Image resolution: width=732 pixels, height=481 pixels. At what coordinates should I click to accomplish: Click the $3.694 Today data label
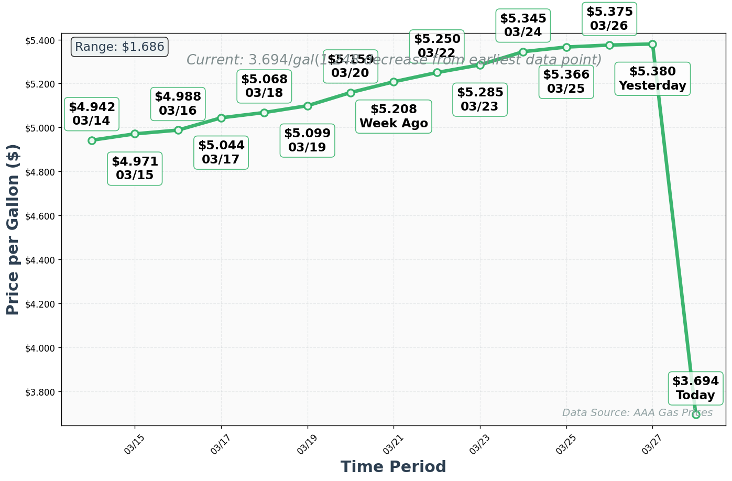[695, 388]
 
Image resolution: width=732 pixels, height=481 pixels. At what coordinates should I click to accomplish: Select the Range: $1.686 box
[119, 47]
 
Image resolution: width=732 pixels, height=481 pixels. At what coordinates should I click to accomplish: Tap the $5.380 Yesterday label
[652, 79]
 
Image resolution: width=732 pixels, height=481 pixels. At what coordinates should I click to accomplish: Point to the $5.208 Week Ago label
[394, 116]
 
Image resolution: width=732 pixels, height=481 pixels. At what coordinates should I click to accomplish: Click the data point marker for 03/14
[92, 140]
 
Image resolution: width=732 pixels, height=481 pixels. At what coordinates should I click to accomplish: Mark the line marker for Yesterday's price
[652, 44]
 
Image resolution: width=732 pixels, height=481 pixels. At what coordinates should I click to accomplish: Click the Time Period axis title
[393, 466]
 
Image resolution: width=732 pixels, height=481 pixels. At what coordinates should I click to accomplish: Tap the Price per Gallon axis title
[13, 229]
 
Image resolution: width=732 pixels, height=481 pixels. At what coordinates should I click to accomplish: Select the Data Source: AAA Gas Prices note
[637, 413]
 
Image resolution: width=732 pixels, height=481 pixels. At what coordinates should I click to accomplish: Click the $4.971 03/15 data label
[135, 168]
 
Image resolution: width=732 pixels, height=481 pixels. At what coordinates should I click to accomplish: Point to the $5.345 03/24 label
[523, 25]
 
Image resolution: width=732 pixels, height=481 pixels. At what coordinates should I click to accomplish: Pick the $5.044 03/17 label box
[221, 152]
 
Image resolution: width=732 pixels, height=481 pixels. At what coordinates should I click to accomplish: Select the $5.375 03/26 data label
[609, 19]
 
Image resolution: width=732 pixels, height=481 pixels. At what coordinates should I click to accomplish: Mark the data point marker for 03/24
[523, 52]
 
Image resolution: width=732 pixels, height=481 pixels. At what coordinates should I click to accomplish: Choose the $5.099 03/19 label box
[308, 140]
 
